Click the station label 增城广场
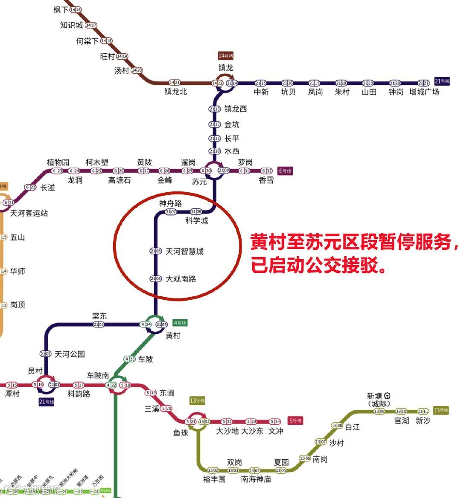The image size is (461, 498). click(x=424, y=92)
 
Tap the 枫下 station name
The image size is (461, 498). click(x=61, y=10)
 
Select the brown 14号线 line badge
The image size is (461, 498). click(x=226, y=56)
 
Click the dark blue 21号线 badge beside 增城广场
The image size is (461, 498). click(x=443, y=81)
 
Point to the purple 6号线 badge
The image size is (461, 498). click(x=285, y=171)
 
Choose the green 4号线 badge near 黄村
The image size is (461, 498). click(x=180, y=323)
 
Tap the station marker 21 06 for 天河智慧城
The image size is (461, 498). click(x=155, y=251)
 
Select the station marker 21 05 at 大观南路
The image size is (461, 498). click(x=155, y=279)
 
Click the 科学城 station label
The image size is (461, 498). click(x=196, y=221)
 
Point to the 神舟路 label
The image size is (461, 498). click(x=170, y=203)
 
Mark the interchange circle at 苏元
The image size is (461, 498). click(x=214, y=171)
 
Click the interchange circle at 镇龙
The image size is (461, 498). click(x=225, y=83)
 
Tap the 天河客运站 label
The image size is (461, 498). click(x=29, y=213)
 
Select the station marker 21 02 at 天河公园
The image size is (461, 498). click(x=45, y=354)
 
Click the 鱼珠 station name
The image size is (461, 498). click(x=181, y=432)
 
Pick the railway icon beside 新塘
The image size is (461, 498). click(x=388, y=396)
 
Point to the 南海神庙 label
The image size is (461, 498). click(x=256, y=479)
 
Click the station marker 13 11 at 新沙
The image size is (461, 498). click(x=423, y=411)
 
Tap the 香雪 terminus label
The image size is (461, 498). click(x=266, y=180)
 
